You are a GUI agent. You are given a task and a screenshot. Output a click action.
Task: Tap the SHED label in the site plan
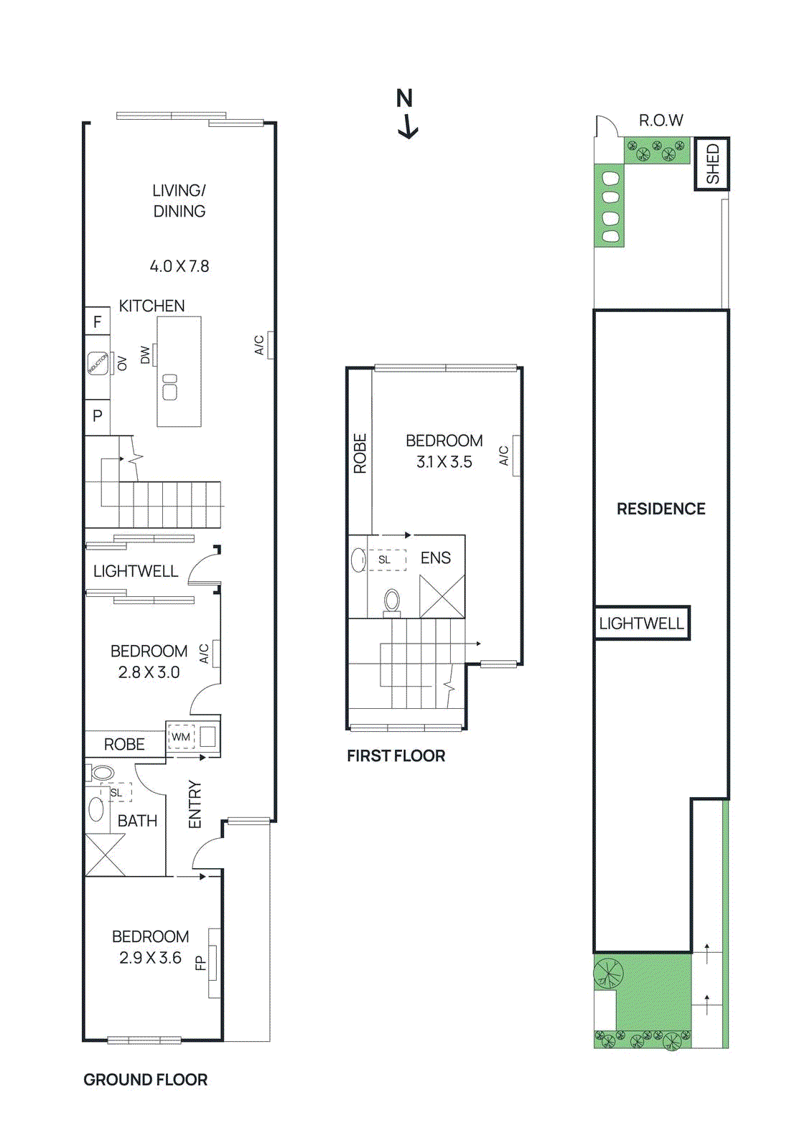[x=712, y=164]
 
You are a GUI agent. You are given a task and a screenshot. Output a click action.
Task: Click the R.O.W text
[x=661, y=121]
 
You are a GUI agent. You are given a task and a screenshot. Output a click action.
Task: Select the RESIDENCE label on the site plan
[x=661, y=509]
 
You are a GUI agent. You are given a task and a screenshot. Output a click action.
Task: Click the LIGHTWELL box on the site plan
[x=641, y=624]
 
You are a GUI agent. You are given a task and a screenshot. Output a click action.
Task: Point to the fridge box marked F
[x=98, y=322]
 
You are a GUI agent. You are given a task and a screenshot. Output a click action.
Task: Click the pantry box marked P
[x=98, y=415]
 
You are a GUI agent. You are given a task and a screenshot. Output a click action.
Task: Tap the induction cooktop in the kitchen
[x=98, y=363]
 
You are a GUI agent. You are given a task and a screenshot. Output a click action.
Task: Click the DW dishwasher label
[x=146, y=355]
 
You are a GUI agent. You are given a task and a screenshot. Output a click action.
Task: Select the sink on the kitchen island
[x=170, y=387]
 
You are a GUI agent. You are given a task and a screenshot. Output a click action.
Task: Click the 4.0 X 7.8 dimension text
[x=179, y=266]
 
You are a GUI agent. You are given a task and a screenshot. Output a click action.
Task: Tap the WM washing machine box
[x=181, y=737]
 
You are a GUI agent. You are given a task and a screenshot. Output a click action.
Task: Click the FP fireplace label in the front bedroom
[x=201, y=963]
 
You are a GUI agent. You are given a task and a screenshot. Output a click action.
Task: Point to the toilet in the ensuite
[x=392, y=601]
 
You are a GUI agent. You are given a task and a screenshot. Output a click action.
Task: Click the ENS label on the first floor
[x=436, y=558]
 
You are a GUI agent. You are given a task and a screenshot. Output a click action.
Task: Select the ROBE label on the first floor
[x=360, y=453]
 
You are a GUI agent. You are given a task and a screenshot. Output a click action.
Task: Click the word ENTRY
[x=195, y=804]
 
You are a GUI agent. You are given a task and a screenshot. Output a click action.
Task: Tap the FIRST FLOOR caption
[x=396, y=756]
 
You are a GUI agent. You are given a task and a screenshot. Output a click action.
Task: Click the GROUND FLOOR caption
[x=145, y=1080]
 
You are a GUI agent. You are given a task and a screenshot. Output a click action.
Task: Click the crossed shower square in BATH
[x=105, y=855]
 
